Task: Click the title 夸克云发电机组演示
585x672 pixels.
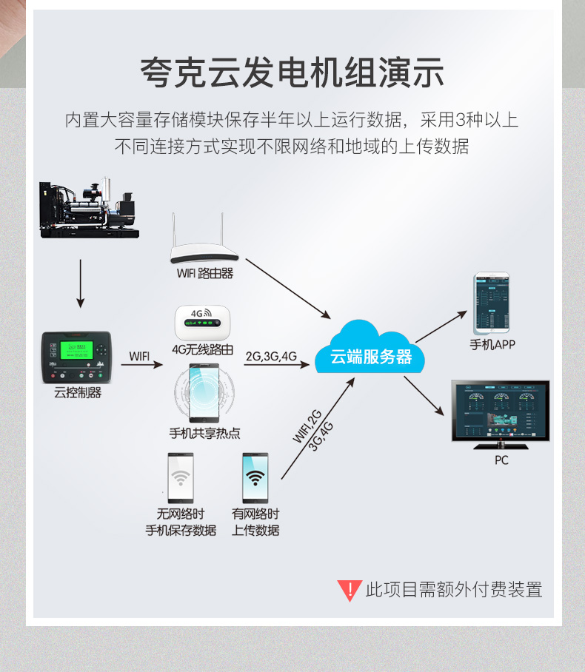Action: [292, 74]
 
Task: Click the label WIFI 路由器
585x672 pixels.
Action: [205, 274]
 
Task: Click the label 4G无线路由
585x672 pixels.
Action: [202, 349]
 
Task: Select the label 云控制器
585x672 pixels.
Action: [78, 393]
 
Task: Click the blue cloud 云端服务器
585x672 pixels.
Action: [370, 354]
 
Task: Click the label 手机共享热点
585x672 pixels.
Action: [204, 434]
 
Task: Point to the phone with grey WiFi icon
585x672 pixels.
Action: [180, 477]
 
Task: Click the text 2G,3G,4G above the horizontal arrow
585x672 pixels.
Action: [271, 357]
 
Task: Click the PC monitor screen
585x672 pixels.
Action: [501, 411]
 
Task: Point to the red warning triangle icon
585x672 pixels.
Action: [349, 590]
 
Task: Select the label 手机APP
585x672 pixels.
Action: [492, 345]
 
